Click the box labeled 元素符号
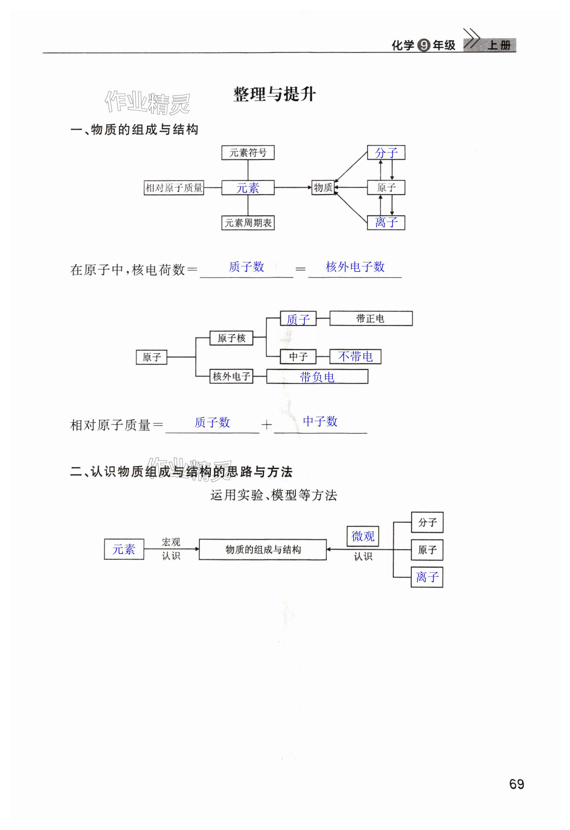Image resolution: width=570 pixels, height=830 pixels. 248,153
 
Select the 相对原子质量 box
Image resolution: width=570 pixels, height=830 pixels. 174,188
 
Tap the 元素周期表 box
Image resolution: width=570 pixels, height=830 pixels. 248,223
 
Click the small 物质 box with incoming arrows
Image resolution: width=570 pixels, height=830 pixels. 323,188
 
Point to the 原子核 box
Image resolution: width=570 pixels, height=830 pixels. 231,338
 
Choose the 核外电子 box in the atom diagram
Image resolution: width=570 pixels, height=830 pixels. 231,376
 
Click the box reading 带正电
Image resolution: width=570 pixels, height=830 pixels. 371,318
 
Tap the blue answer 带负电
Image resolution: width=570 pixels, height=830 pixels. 317,377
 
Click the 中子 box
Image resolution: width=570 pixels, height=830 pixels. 298,357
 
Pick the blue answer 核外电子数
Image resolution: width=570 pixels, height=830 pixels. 355,267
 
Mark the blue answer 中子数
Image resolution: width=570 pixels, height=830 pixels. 320,421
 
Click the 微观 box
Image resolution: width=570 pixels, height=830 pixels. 363,536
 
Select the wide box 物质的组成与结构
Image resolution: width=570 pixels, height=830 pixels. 262,549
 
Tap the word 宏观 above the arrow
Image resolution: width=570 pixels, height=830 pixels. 170,542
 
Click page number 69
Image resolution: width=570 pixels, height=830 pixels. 516,784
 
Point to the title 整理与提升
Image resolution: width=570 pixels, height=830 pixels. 274,94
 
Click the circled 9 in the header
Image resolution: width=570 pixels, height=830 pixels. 424,45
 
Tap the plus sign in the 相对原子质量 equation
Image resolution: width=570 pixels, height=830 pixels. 266,425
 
